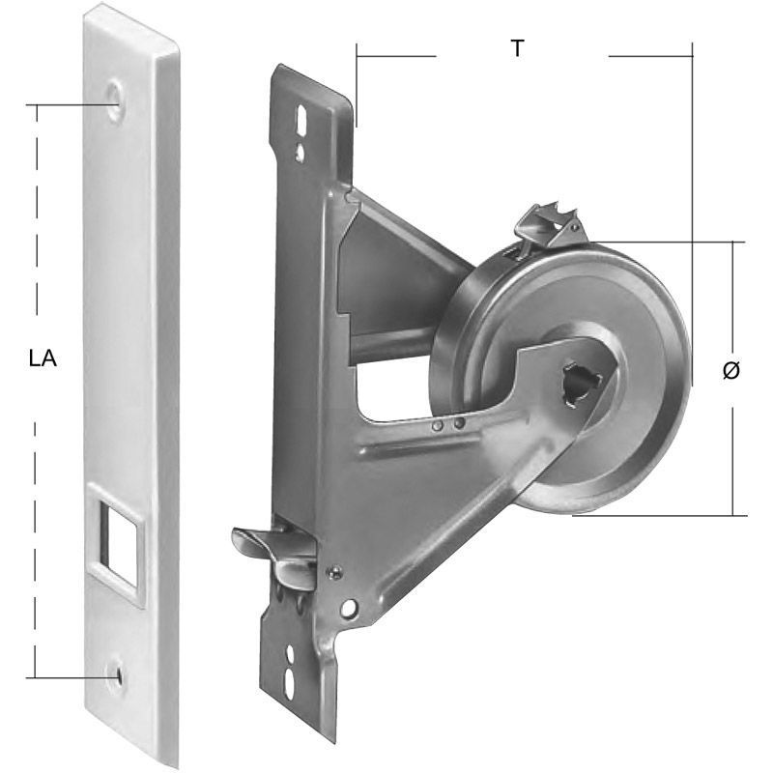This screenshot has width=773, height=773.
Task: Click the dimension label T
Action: (x=517, y=48)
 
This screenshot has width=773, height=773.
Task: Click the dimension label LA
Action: (x=43, y=358)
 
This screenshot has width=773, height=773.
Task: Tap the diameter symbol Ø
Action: (x=731, y=370)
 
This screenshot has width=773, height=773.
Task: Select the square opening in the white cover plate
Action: (x=119, y=544)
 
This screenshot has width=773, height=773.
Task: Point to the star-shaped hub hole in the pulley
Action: (x=581, y=385)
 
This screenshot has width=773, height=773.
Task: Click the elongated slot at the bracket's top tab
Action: (x=301, y=119)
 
